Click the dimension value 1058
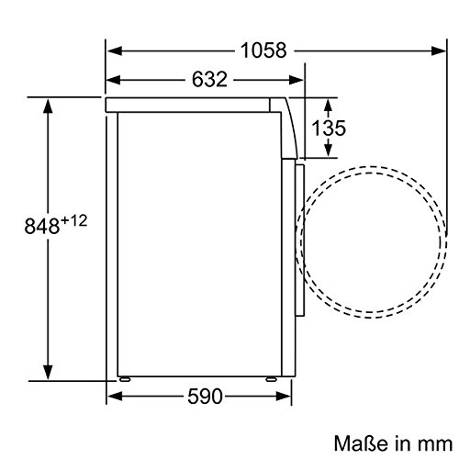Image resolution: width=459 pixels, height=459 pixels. click(263, 50)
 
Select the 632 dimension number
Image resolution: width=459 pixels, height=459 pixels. click(209, 79)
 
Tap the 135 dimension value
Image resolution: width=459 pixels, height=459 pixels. click(329, 128)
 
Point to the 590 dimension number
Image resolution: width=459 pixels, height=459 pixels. click(205, 397)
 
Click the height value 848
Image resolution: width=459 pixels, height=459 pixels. click(42, 226)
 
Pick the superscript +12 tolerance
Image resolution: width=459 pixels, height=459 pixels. click(74, 220)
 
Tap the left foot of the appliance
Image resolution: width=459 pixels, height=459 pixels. click(125, 379)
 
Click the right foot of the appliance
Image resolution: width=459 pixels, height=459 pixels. click(271, 379)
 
